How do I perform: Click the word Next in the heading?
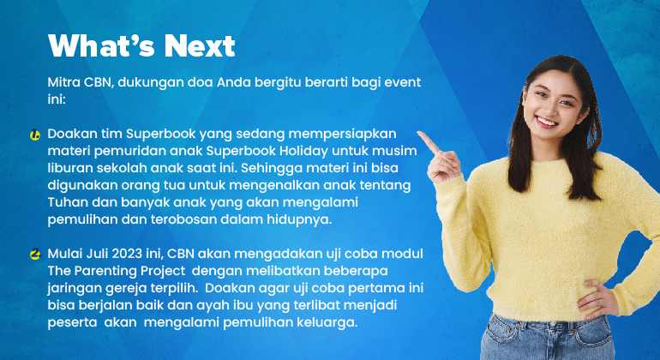pos(199,45)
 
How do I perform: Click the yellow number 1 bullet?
pos(35,135)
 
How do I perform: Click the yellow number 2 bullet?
pos(35,255)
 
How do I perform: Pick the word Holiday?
pos(304,151)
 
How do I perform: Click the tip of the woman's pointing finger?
pos(419,134)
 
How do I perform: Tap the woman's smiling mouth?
pos(547,123)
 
